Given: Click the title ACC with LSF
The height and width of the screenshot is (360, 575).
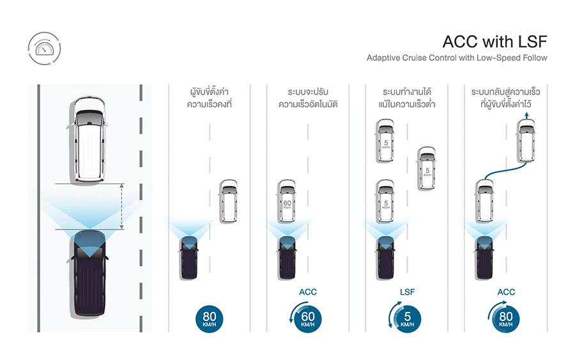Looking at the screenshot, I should [494, 42].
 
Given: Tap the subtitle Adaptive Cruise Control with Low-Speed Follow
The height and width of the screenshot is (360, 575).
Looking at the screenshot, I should [457, 58].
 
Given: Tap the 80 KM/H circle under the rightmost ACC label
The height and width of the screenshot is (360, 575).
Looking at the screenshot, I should [505, 318].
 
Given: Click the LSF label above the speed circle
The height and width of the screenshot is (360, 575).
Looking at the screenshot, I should [407, 292].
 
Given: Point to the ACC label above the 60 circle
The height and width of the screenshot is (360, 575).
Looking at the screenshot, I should [307, 292].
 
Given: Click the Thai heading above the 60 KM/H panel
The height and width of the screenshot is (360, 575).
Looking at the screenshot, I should [308, 98].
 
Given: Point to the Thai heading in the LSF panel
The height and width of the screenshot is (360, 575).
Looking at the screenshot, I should [407, 98].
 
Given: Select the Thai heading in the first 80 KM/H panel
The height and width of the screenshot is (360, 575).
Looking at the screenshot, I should [210, 98].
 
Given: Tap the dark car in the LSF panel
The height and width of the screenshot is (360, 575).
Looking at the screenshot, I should [385, 257].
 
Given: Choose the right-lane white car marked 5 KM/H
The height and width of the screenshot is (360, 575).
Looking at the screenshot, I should [426, 169].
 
